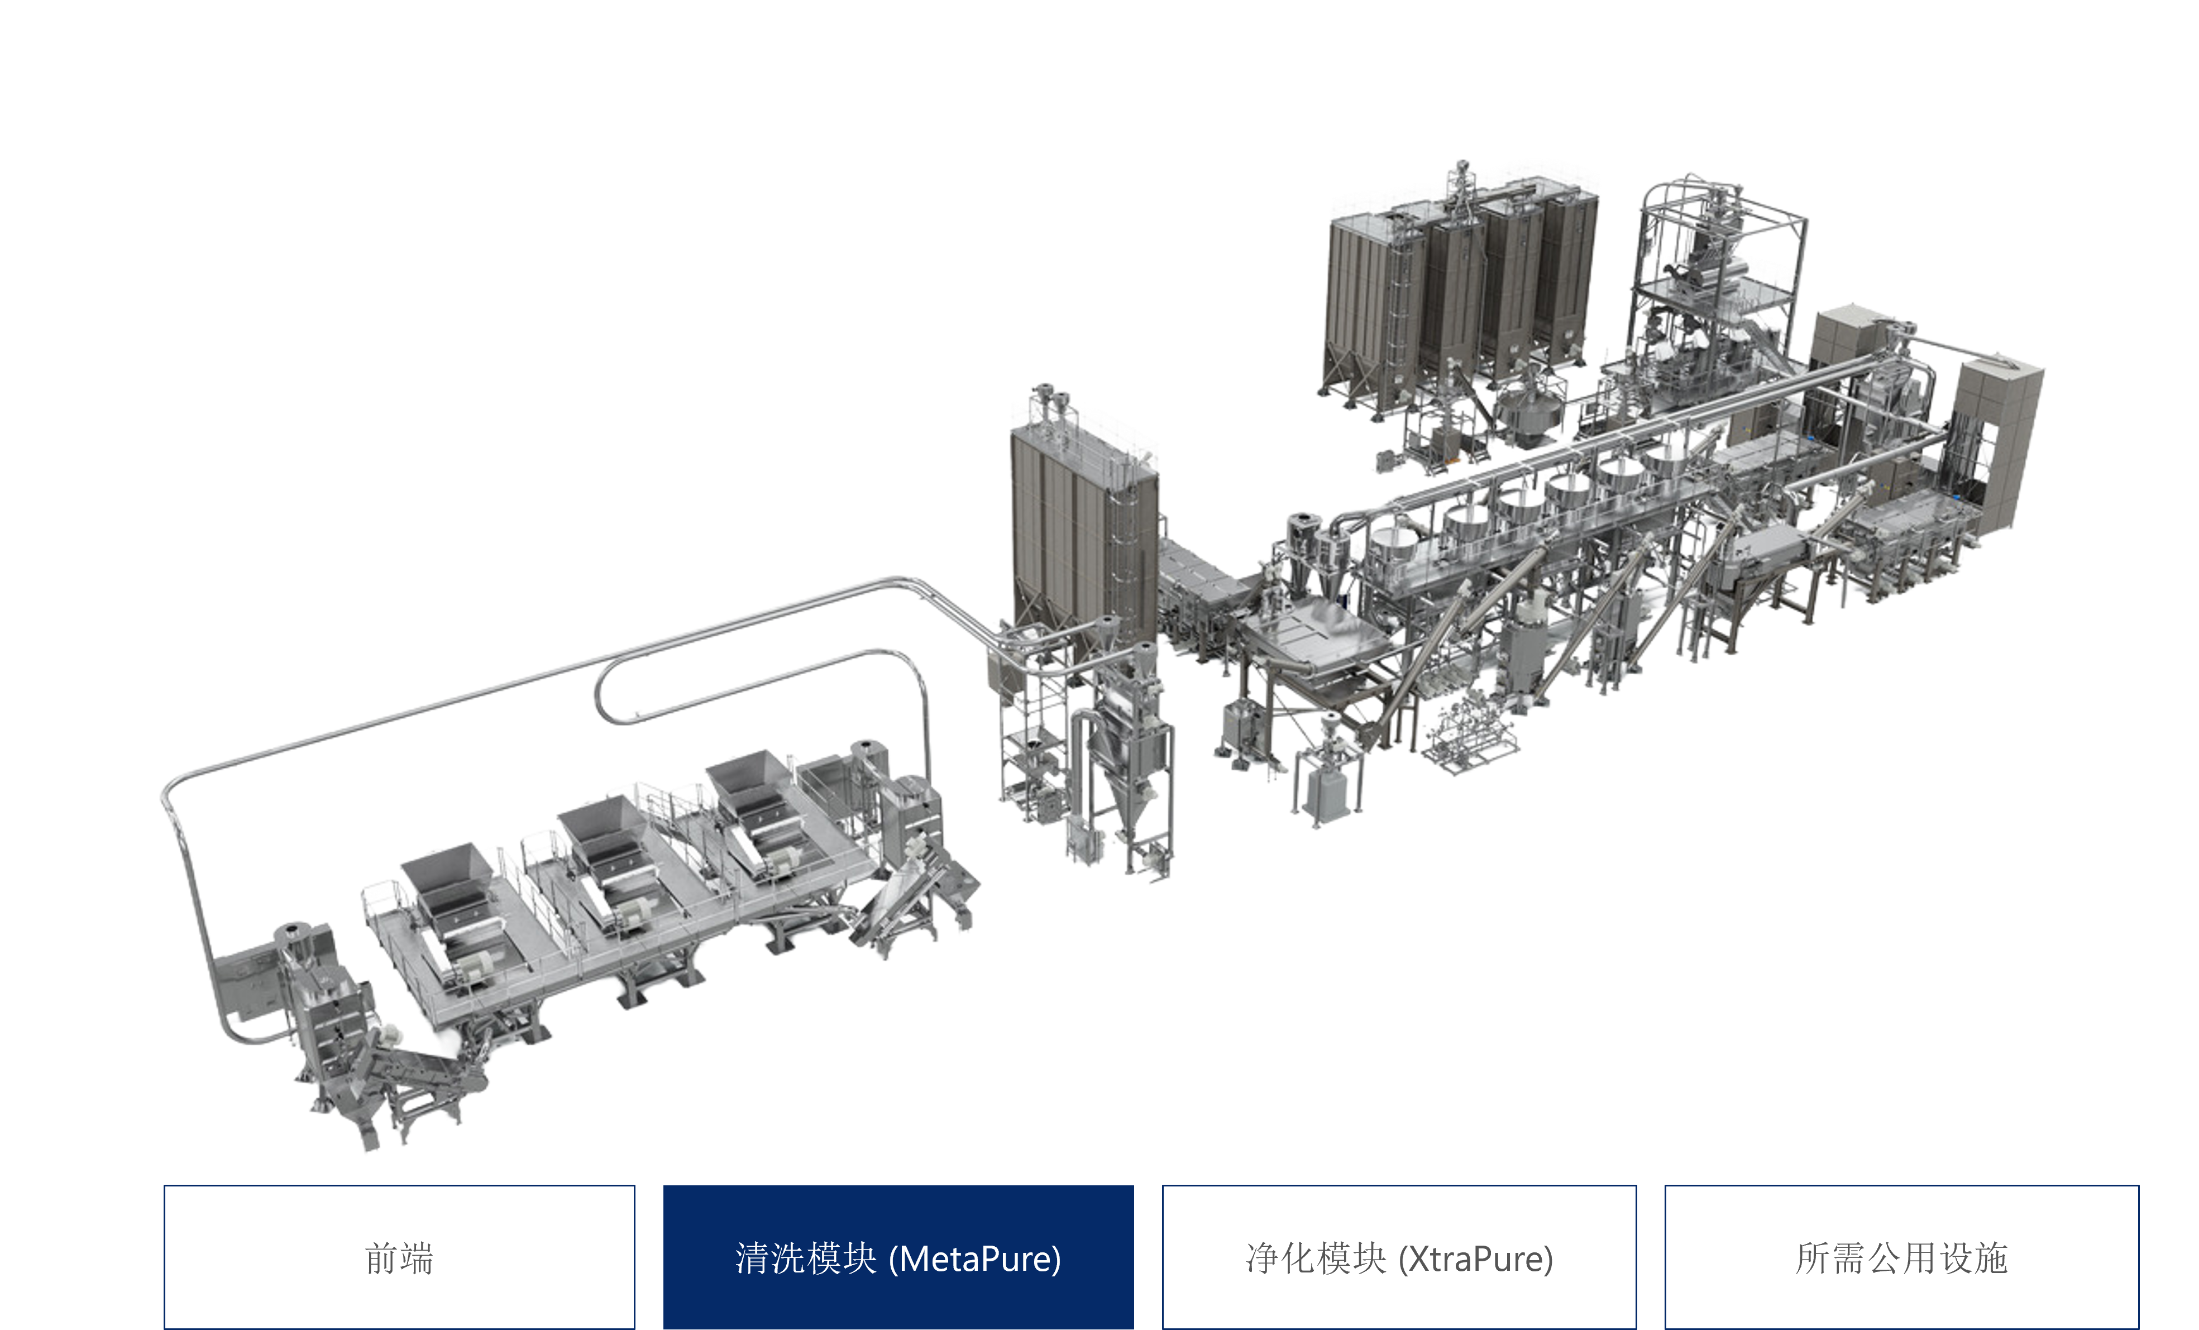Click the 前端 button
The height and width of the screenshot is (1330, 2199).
point(399,1257)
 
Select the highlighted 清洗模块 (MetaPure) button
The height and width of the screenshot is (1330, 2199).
point(898,1257)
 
